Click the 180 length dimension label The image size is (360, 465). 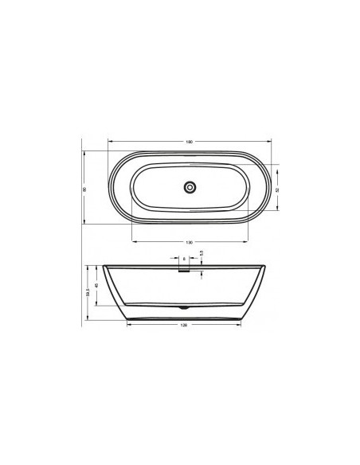click(189, 142)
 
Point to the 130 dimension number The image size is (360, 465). click(189, 242)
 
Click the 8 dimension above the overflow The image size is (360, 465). click(184, 259)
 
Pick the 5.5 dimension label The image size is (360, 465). click(202, 254)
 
